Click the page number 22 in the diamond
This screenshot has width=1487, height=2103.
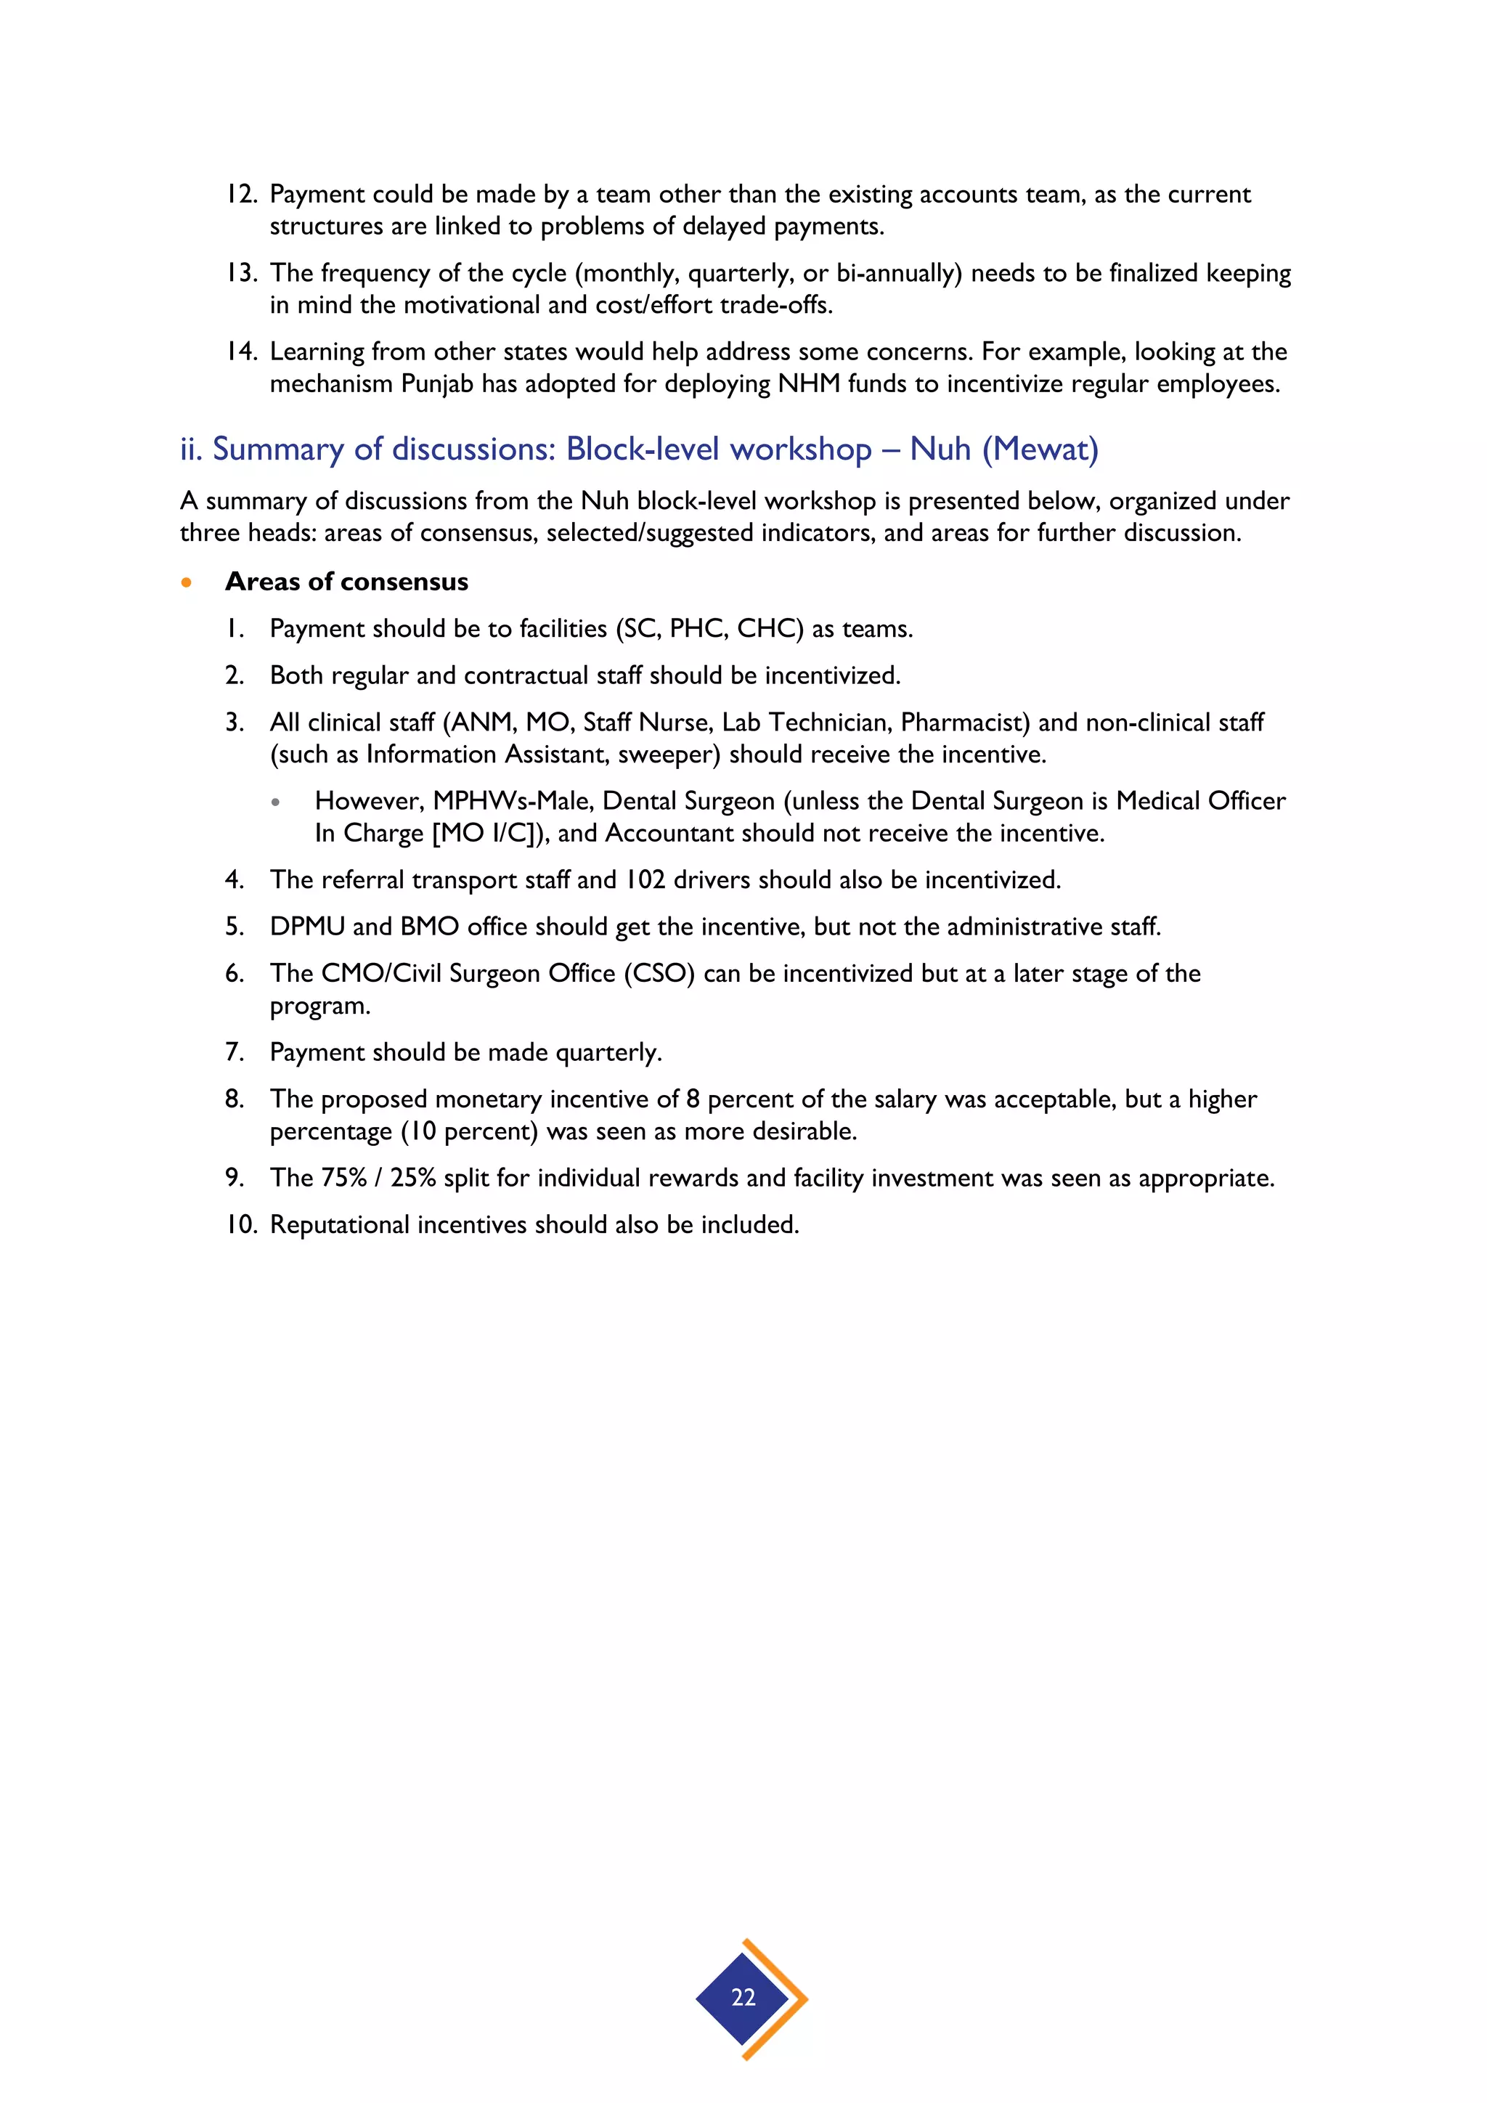pos(743,1997)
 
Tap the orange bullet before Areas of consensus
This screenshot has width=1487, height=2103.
pos(187,582)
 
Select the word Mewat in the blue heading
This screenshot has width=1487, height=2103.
pos(1040,449)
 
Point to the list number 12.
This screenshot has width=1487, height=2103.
pos(241,194)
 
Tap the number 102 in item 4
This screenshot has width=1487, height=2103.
pos(645,880)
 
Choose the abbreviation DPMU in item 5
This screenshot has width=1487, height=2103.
pos(306,927)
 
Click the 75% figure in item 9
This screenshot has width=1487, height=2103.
pos(343,1178)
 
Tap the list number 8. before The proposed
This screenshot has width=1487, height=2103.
pos(235,1099)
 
